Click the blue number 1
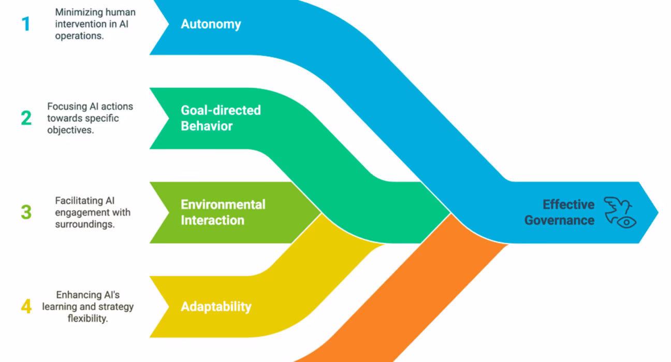tap(25, 24)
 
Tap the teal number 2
tap(26, 118)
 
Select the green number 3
tap(26, 212)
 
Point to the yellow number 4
tap(26, 306)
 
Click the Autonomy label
tap(211, 24)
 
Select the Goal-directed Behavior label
tap(221, 118)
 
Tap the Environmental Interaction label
tap(223, 212)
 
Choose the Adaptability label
tap(216, 306)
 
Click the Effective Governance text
tap(560, 212)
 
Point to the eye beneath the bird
tap(626, 222)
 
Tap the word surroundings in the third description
tap(84, 224)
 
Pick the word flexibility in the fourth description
tap(87, 318)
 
